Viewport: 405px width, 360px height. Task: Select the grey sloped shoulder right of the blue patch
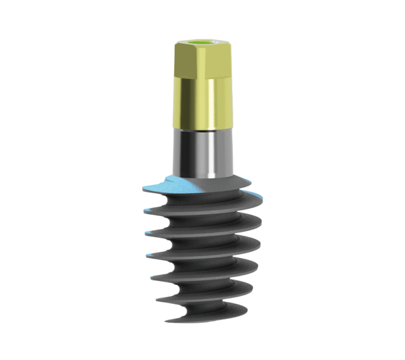[x=223, y=184]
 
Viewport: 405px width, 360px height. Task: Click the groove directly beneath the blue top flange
[x=196, y=206]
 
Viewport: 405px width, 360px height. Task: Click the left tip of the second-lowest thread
[x=157, y=296]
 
